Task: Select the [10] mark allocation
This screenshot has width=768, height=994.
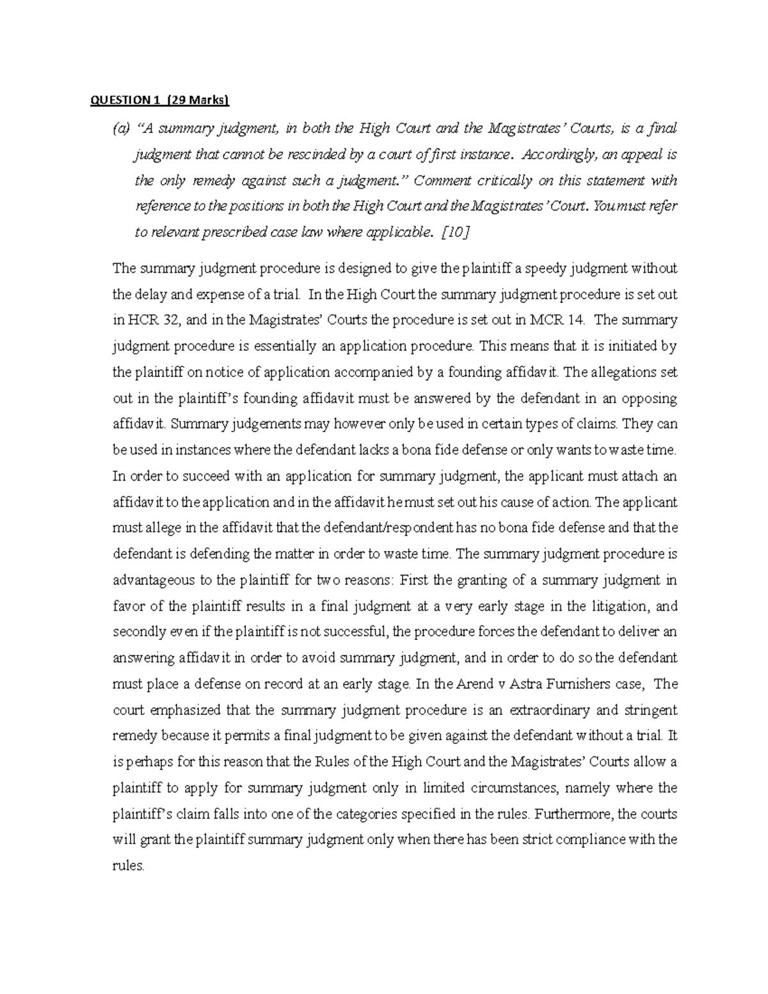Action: click(456, 233)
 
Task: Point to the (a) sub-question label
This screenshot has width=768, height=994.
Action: click(120, 129)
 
